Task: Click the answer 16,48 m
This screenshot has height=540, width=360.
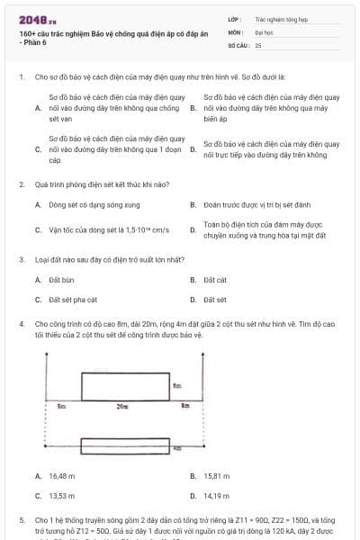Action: pyautogui.click(x=61, y=475)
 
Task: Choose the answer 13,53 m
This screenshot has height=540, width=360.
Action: pyautogui.click(x=61, y=495)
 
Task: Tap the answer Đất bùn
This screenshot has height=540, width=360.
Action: pyautogui.click(x=59, y=280)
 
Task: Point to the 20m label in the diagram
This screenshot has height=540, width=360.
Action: pyautogui.click(x=122, y=407)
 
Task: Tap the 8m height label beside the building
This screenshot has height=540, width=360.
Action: pyautogui.click(x=178, y=386)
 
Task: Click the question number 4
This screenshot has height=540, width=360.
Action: pyautogui.click(x=21, y=321)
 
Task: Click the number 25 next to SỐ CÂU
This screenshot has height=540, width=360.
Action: pyautogui.click(x=258, y=44)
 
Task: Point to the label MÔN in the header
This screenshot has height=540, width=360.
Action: pyautogui.click(x=236, y=31)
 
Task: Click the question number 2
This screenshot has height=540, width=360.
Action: pyautogui.click(x=21, y=184)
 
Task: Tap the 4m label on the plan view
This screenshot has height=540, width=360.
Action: pyautogui.click(x=177, y=446)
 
